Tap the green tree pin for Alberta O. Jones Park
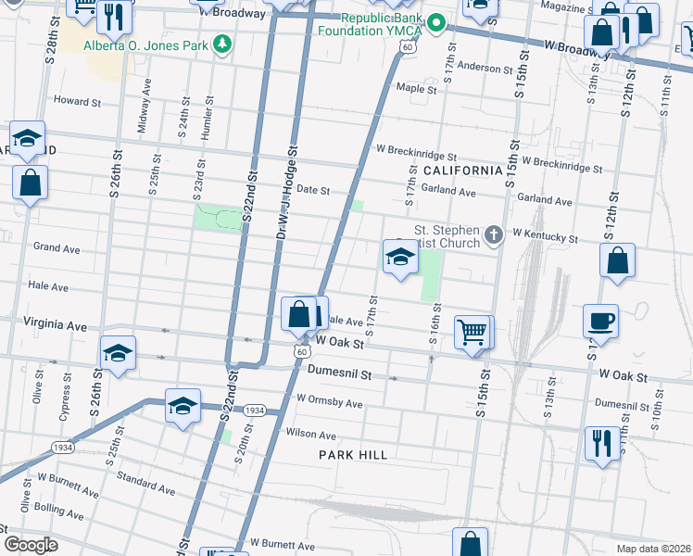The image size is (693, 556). tap(221, 44)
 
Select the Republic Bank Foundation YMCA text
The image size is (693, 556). tap(381, 24)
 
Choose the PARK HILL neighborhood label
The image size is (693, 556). tap(353, 454)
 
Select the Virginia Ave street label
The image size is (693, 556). tap(57, 326)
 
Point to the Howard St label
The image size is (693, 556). tap(75, 100)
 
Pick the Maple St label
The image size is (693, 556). tap(416, 89)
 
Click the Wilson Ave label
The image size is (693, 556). tap(310, 434)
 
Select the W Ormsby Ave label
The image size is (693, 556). tap(329, 403)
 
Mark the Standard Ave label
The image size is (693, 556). tap(146, 483)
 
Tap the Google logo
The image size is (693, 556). tap(31, 545)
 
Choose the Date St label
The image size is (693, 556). tap(312, 190)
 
